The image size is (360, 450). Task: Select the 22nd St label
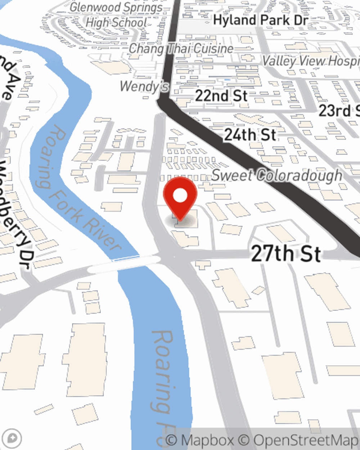tap(221, 96)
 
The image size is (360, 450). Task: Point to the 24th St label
tap(250, 135)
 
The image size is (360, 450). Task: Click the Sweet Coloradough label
tap(277, 175)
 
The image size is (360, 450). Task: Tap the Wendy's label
tap(144, 86)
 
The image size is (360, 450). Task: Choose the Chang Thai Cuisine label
tap(181, 48)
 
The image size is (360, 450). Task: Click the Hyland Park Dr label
tap(261, 20)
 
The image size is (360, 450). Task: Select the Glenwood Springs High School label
tap(116, 15)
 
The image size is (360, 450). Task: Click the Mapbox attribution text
tap(200, 440)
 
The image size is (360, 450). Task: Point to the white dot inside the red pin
tap(180, 196)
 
